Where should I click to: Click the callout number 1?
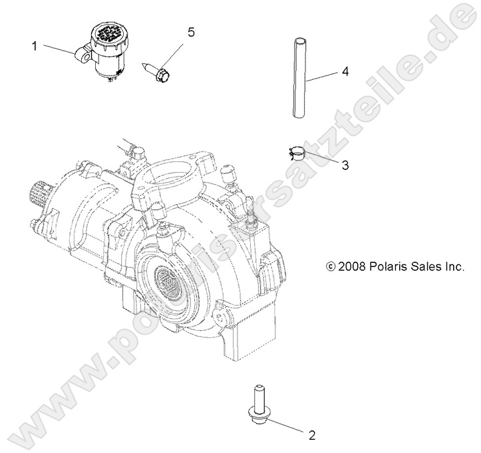(33, 46)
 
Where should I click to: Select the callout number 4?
(345, 70)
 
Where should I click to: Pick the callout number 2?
(310, 436)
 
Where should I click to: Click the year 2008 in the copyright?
(352, 267)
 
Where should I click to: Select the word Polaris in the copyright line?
(389, 267)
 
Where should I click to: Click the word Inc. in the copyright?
(459, 267)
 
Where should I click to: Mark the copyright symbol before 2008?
(331, 267)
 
